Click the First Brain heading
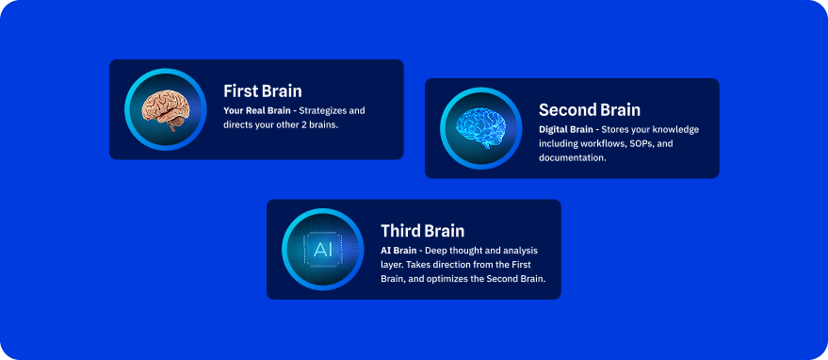tap(263, 90)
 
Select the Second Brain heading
tap(590, 110)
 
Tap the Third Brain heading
tap(422, 231)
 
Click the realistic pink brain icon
tap(165, 110)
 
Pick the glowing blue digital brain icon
tap(480, 128)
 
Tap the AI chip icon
tap(323, 250)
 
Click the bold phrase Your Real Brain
tap(256, 111)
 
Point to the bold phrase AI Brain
tap(398, 251)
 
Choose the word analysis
tap(521, 251)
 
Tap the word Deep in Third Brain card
tap(435, 251)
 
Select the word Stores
tap(614, 129)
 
